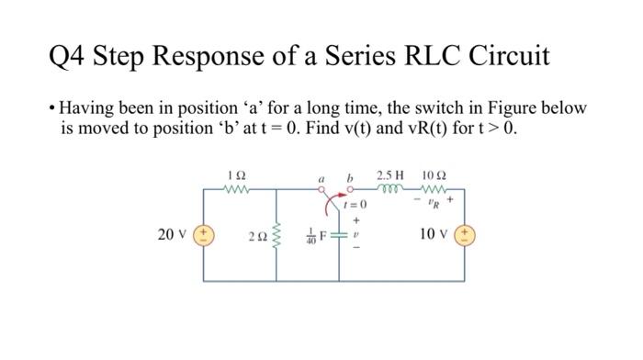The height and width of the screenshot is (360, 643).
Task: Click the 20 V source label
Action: point(172,235)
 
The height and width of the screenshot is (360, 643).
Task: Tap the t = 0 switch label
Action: point(355,204)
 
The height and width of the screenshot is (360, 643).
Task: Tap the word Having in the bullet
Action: point(86,107)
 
